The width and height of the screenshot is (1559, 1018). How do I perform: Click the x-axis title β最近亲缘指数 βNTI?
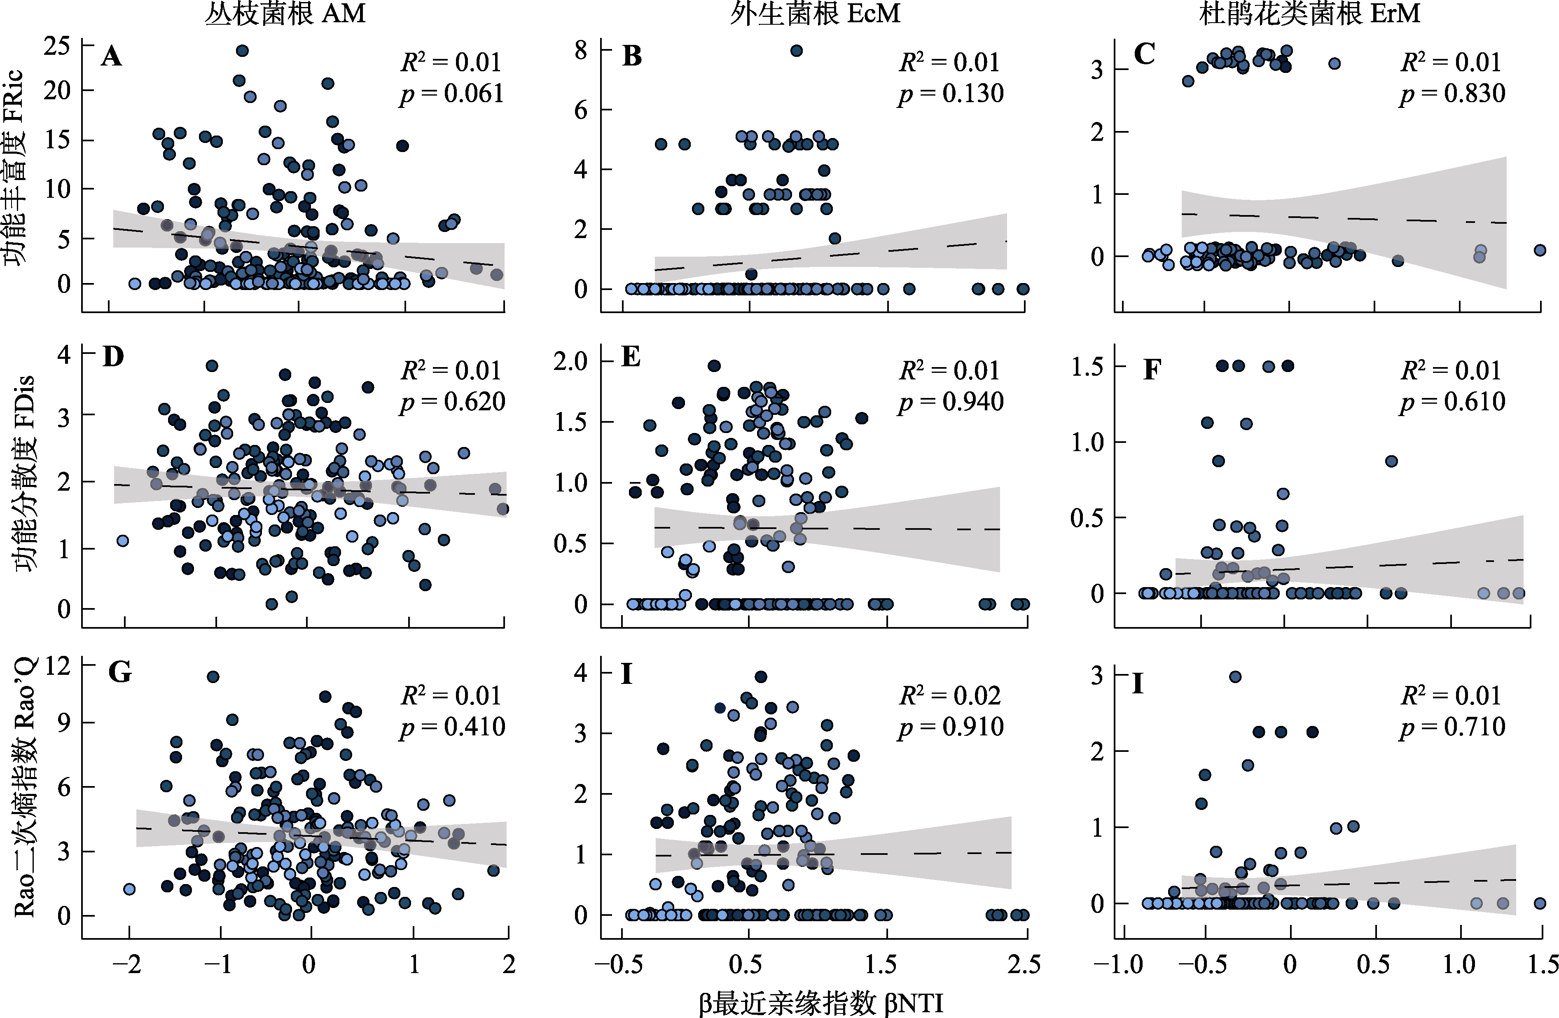pos(821,1003)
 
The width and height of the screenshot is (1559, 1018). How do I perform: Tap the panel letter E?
pos(631,357)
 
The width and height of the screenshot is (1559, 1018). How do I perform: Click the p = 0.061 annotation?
pos(452,94)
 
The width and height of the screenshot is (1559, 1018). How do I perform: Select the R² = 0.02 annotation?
pos(950,696)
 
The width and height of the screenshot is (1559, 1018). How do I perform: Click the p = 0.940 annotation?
pos(951,402)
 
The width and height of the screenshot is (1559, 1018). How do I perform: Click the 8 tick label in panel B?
pos(581,50)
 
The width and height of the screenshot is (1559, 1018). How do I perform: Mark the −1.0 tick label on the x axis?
pos(1119,964)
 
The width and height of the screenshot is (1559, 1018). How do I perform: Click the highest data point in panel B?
pos(797,50)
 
